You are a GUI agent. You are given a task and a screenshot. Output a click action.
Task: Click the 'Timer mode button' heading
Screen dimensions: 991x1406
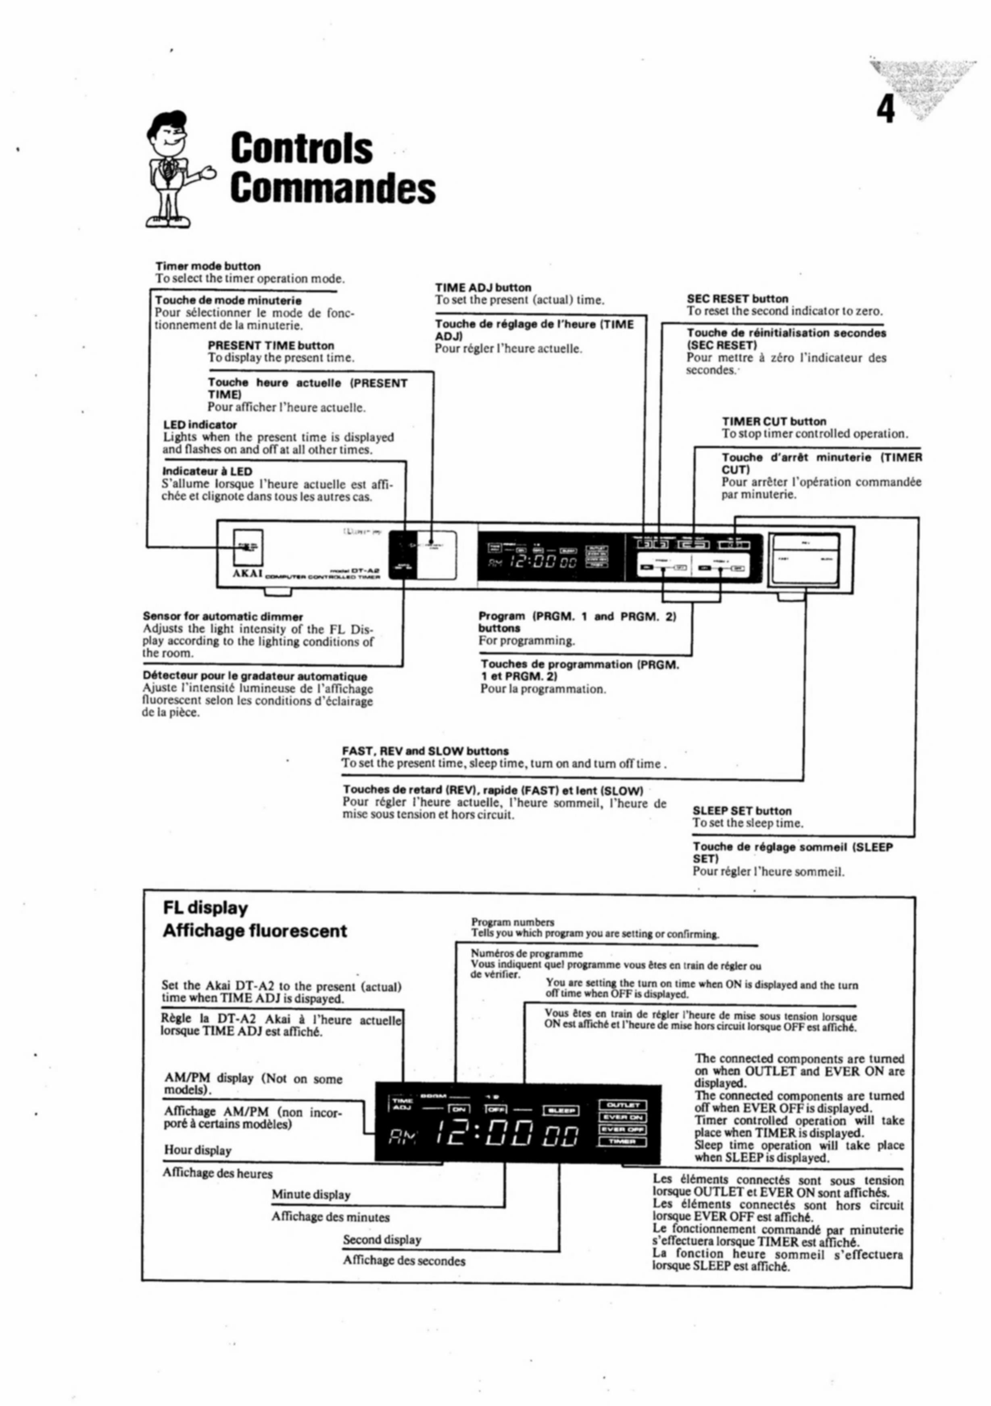tap(207, 266)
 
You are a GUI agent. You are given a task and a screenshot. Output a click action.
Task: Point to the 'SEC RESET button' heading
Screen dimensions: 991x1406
tap(737, 299)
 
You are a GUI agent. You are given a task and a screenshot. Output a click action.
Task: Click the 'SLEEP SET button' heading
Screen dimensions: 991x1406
tap(742, 811)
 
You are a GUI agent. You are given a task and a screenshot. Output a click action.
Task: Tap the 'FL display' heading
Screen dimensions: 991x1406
tap(205, 908)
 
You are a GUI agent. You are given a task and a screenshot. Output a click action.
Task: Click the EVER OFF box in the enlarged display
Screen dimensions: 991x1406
tap(622, 1129)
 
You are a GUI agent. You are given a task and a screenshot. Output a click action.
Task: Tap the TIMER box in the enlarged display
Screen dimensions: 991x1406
tap(622, 1141)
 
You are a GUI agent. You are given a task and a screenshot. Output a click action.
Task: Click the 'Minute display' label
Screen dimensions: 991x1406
tap(311, 1195)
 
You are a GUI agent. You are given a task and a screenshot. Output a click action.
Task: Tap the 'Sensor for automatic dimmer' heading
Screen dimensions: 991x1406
tap(223, 616)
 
